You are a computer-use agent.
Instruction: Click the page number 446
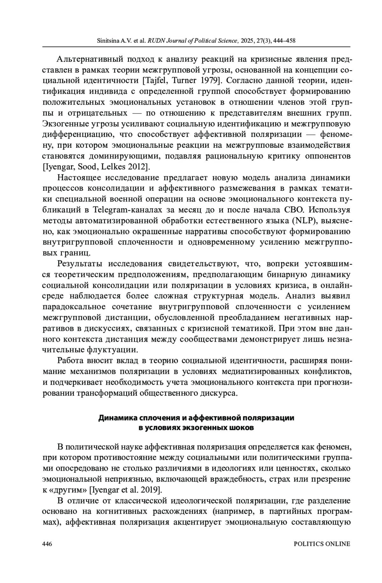pos(47,544)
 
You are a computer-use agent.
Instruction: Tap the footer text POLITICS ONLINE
pos(322,544)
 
